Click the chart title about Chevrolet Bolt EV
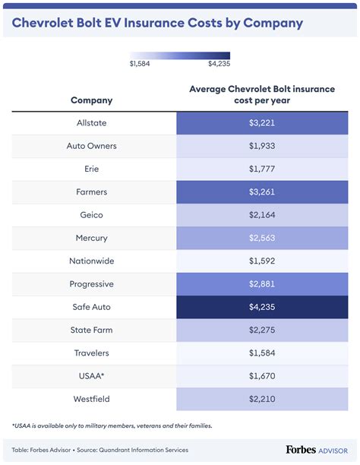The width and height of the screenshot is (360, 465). pos(157,23)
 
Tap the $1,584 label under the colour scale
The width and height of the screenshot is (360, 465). pos(140,64)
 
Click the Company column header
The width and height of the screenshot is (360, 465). pos(91,100)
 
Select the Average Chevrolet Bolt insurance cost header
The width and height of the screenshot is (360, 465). pos(261,94)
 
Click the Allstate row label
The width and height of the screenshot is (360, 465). pos(91,123)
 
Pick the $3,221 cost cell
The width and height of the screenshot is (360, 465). pos(261,123)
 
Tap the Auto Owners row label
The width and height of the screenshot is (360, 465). pos(91,146)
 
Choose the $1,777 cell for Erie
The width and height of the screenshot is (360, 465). pos(261,169)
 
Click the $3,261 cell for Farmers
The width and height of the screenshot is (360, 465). pos(261,192)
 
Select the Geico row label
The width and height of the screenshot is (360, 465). pos(91,215)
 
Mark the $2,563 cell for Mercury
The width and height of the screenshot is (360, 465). pos(261,238)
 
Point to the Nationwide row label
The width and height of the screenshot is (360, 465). pos(91,261)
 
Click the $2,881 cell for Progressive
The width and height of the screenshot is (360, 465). pos(261,284)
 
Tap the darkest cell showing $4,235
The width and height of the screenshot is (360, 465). pos(261,307)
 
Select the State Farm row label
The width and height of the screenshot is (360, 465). pos(91,330)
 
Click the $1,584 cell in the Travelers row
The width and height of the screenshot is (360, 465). pos(261,353)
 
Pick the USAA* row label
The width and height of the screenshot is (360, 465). pos(91,376)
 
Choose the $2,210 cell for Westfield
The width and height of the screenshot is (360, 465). pos(261,399)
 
